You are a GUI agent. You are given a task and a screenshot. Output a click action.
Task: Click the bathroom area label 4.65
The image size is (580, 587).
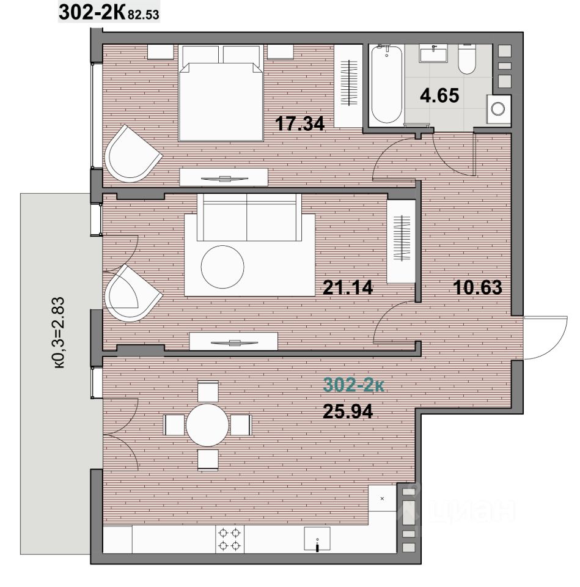point(439,95)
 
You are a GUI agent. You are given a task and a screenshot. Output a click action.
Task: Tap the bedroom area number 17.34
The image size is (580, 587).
point(299,124)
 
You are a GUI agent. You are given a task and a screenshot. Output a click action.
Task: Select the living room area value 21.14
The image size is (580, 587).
point(348,287)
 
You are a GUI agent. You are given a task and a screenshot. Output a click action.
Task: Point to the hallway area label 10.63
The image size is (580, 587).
point(477,287)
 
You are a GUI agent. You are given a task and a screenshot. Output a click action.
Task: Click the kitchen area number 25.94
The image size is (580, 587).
point(348,412)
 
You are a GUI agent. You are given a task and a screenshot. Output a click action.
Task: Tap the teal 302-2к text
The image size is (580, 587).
point(354,385)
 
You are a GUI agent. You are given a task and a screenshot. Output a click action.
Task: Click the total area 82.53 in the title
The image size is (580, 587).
point(143,15)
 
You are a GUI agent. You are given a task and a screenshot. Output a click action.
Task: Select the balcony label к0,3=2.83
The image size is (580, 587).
point(59,333)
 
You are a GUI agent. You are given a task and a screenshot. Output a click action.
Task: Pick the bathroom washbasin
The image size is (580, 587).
point(433,53)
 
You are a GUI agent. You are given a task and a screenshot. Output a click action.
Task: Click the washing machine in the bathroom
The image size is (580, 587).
point(499,109)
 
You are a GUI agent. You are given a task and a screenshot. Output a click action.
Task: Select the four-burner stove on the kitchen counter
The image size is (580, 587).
point(229,539)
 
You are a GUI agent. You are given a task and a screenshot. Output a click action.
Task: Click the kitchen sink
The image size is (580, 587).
point(317,539)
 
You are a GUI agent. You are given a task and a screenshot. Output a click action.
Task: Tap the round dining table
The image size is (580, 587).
point(207,425)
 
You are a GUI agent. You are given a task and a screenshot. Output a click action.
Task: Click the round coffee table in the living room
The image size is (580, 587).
point(222,267)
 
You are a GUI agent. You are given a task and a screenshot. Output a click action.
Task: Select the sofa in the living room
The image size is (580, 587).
point(249,217)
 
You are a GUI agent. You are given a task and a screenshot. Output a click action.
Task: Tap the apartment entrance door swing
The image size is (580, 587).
point(546,338)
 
